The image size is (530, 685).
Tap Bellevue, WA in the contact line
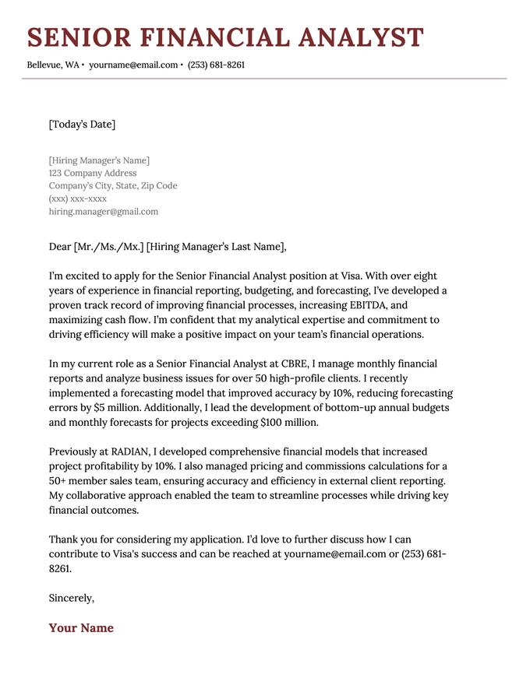click(52, 65)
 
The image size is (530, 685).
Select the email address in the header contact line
click(133, 65)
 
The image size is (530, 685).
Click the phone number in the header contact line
click(216, 65)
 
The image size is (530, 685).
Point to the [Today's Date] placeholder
click(82, 125)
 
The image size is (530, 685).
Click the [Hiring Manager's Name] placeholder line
click(99, 160)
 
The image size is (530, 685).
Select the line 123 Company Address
click(92, 173)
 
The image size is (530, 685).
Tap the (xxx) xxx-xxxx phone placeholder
click(78, 198)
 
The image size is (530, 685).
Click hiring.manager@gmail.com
click(103, 211)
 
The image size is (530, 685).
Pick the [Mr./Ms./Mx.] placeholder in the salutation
click(108, 247)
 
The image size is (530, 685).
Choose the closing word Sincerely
click(71, 598)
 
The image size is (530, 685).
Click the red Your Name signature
click(81, 628)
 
